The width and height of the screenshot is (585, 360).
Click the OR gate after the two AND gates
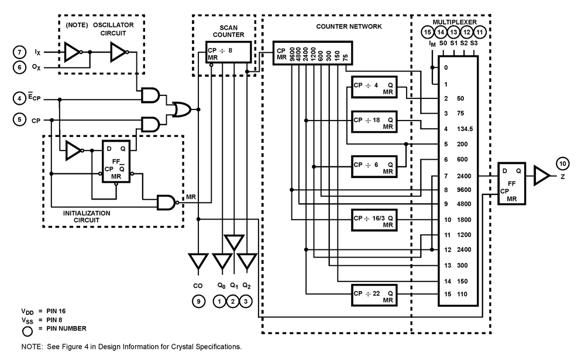coord(179,108)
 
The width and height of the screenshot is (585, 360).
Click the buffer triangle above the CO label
coord(199,263)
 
